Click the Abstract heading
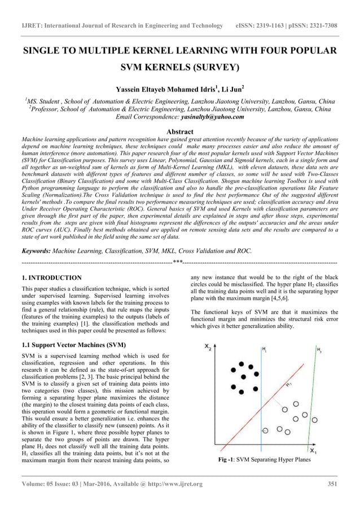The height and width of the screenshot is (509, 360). point(179,131)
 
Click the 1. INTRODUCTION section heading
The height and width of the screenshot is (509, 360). point(51,278)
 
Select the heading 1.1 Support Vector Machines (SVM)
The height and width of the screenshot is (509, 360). point(73,344)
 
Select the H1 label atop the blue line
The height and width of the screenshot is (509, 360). point(264,350)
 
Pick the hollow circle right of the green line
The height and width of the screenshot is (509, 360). point(314,419)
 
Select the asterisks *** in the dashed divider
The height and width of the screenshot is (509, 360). point(177,262)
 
